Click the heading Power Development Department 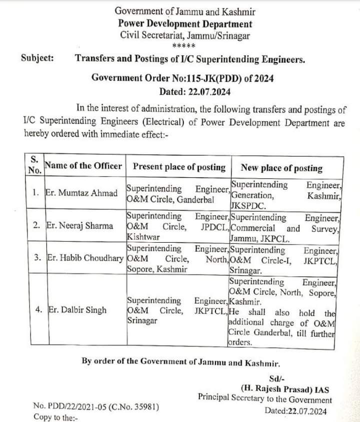pyautogui.click(x=185, y=24)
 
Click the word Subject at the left pyautogui.click(x=37, y=58)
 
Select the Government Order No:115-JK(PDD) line pyautogui.click(x=182, y=79)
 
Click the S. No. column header pyautogui.click(x=34, y=164)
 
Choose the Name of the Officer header pyautogui.click(x=83, y=166)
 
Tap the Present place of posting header pyautogui.click(x=179, y=167)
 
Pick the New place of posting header pyautogui.click(x=281, y=168)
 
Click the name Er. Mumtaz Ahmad pyautogui.click(x=81, y=193)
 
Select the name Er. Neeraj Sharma pyautogui.click(x=79, y=226)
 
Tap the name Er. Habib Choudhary pyautogui.click(x=84, y=258)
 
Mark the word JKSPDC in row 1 pyautogui.click(x=248, y=205)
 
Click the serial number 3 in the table pyautogui.click(x=37, y=258)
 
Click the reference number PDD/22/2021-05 pyautogui.click(x=77, y=406)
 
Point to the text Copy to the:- pyautogui.click(x=55, y=417)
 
